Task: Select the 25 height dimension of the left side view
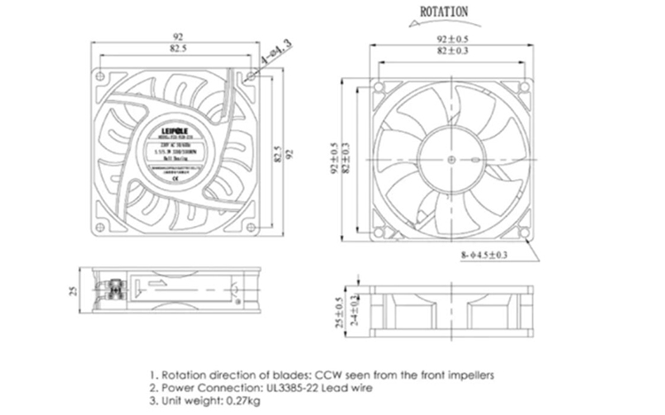[x=74, y=289]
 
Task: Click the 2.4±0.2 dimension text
[x=354, y=307]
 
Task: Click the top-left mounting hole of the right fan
[x=379, y=88]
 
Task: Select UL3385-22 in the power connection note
[x=293, y=388]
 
